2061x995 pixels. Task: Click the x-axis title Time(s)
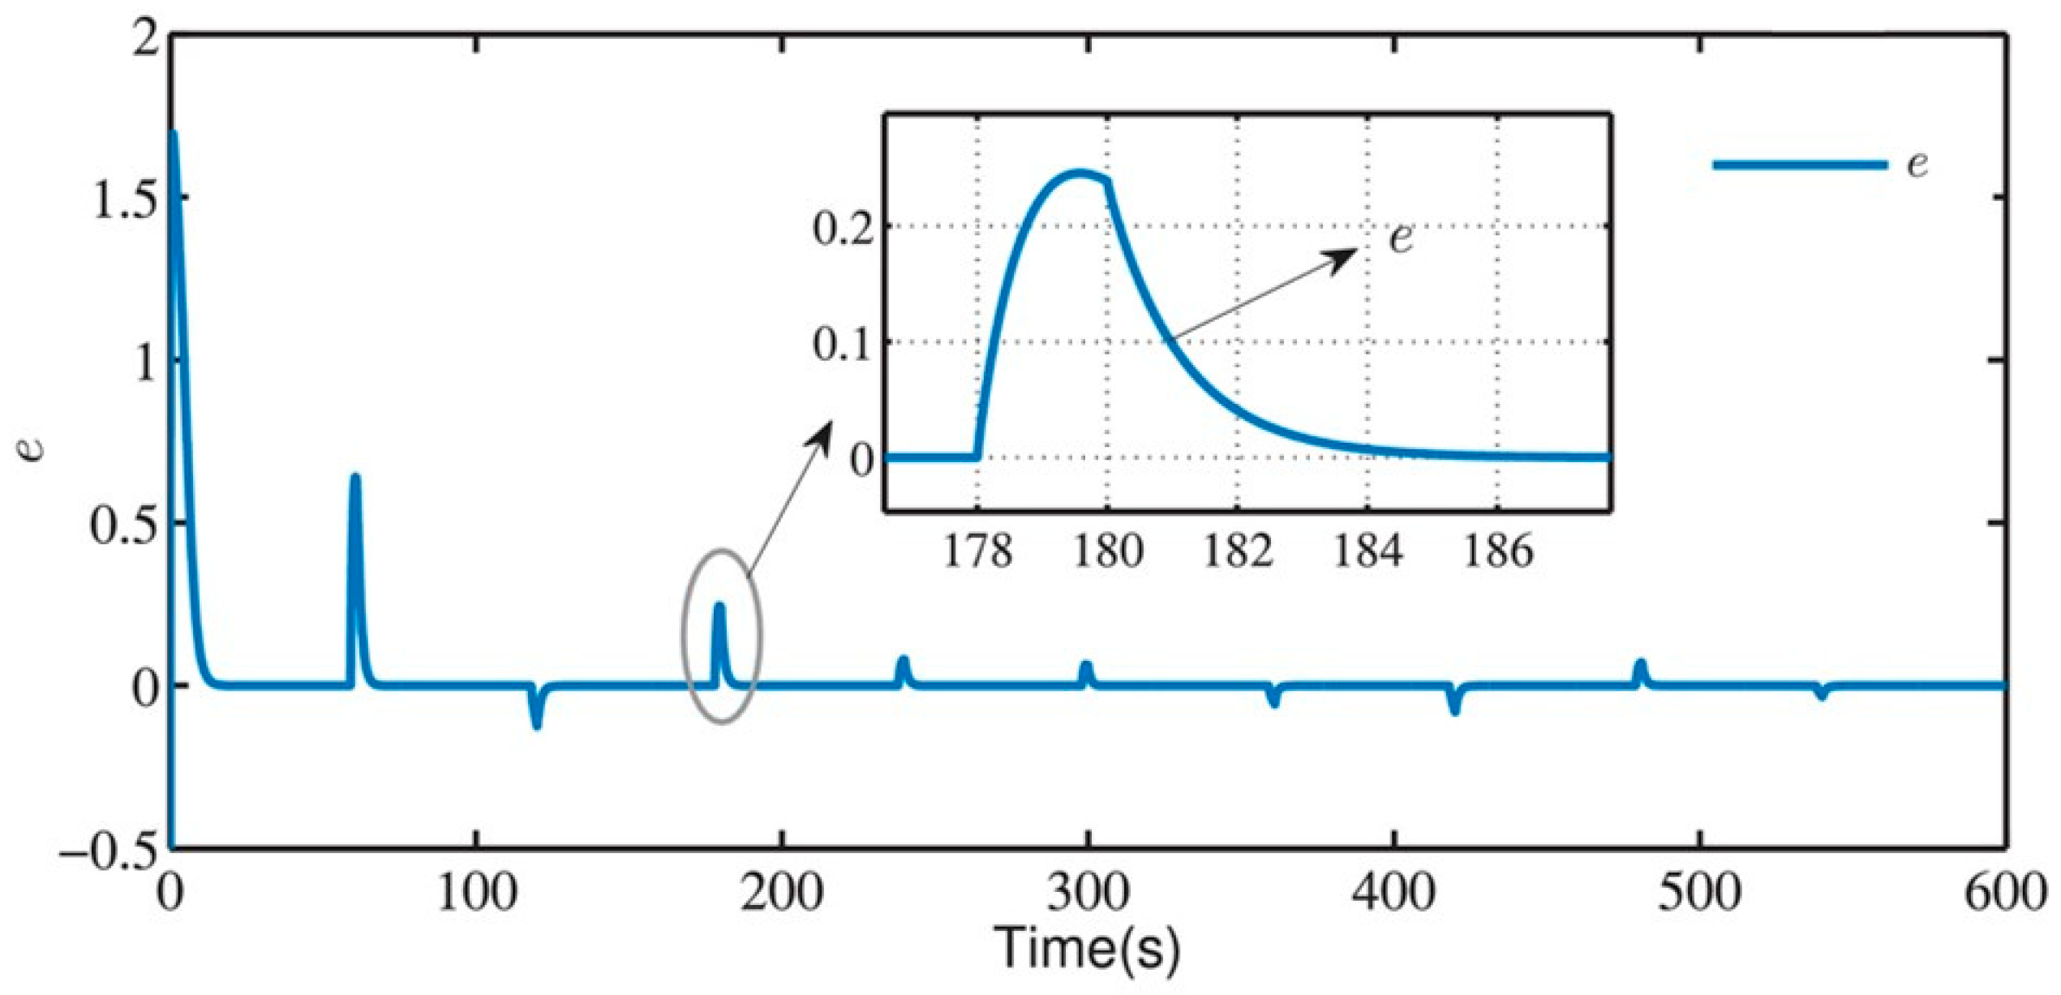click(1087, 947)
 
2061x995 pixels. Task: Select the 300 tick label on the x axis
click(1087, 893)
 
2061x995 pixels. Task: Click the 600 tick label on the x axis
click(2003, 893)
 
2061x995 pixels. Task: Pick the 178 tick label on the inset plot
click(977, 551)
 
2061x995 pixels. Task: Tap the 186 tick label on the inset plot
click(1497, 551)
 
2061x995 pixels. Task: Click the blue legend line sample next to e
click(1799, 165)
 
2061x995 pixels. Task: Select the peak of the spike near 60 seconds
click(354, 478)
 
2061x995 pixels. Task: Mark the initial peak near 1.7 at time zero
click(173, 134)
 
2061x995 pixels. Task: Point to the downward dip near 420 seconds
click(1454, 710)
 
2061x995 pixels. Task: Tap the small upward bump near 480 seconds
click(1640, 665)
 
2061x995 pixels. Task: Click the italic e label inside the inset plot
click(1401, 238)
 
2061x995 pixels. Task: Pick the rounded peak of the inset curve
click(1079, 173)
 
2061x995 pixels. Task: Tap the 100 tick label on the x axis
click(476, 893)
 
